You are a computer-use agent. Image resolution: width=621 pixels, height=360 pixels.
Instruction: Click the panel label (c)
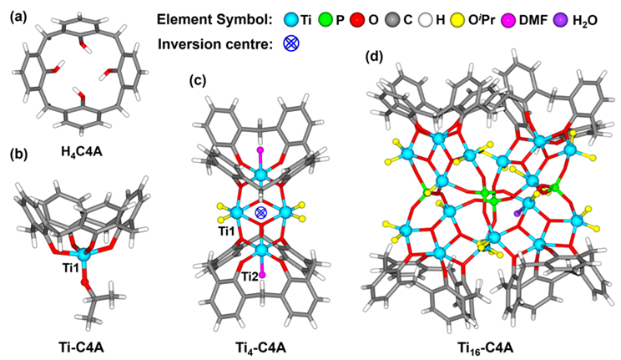pyautogui.click(x=199, y=81)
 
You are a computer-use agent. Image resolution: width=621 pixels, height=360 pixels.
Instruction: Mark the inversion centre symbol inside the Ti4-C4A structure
pyautogui.click(x=261, y=213)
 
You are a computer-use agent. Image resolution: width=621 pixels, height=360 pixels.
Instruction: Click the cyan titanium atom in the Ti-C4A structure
pyautogui.click(x=80, y=252)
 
